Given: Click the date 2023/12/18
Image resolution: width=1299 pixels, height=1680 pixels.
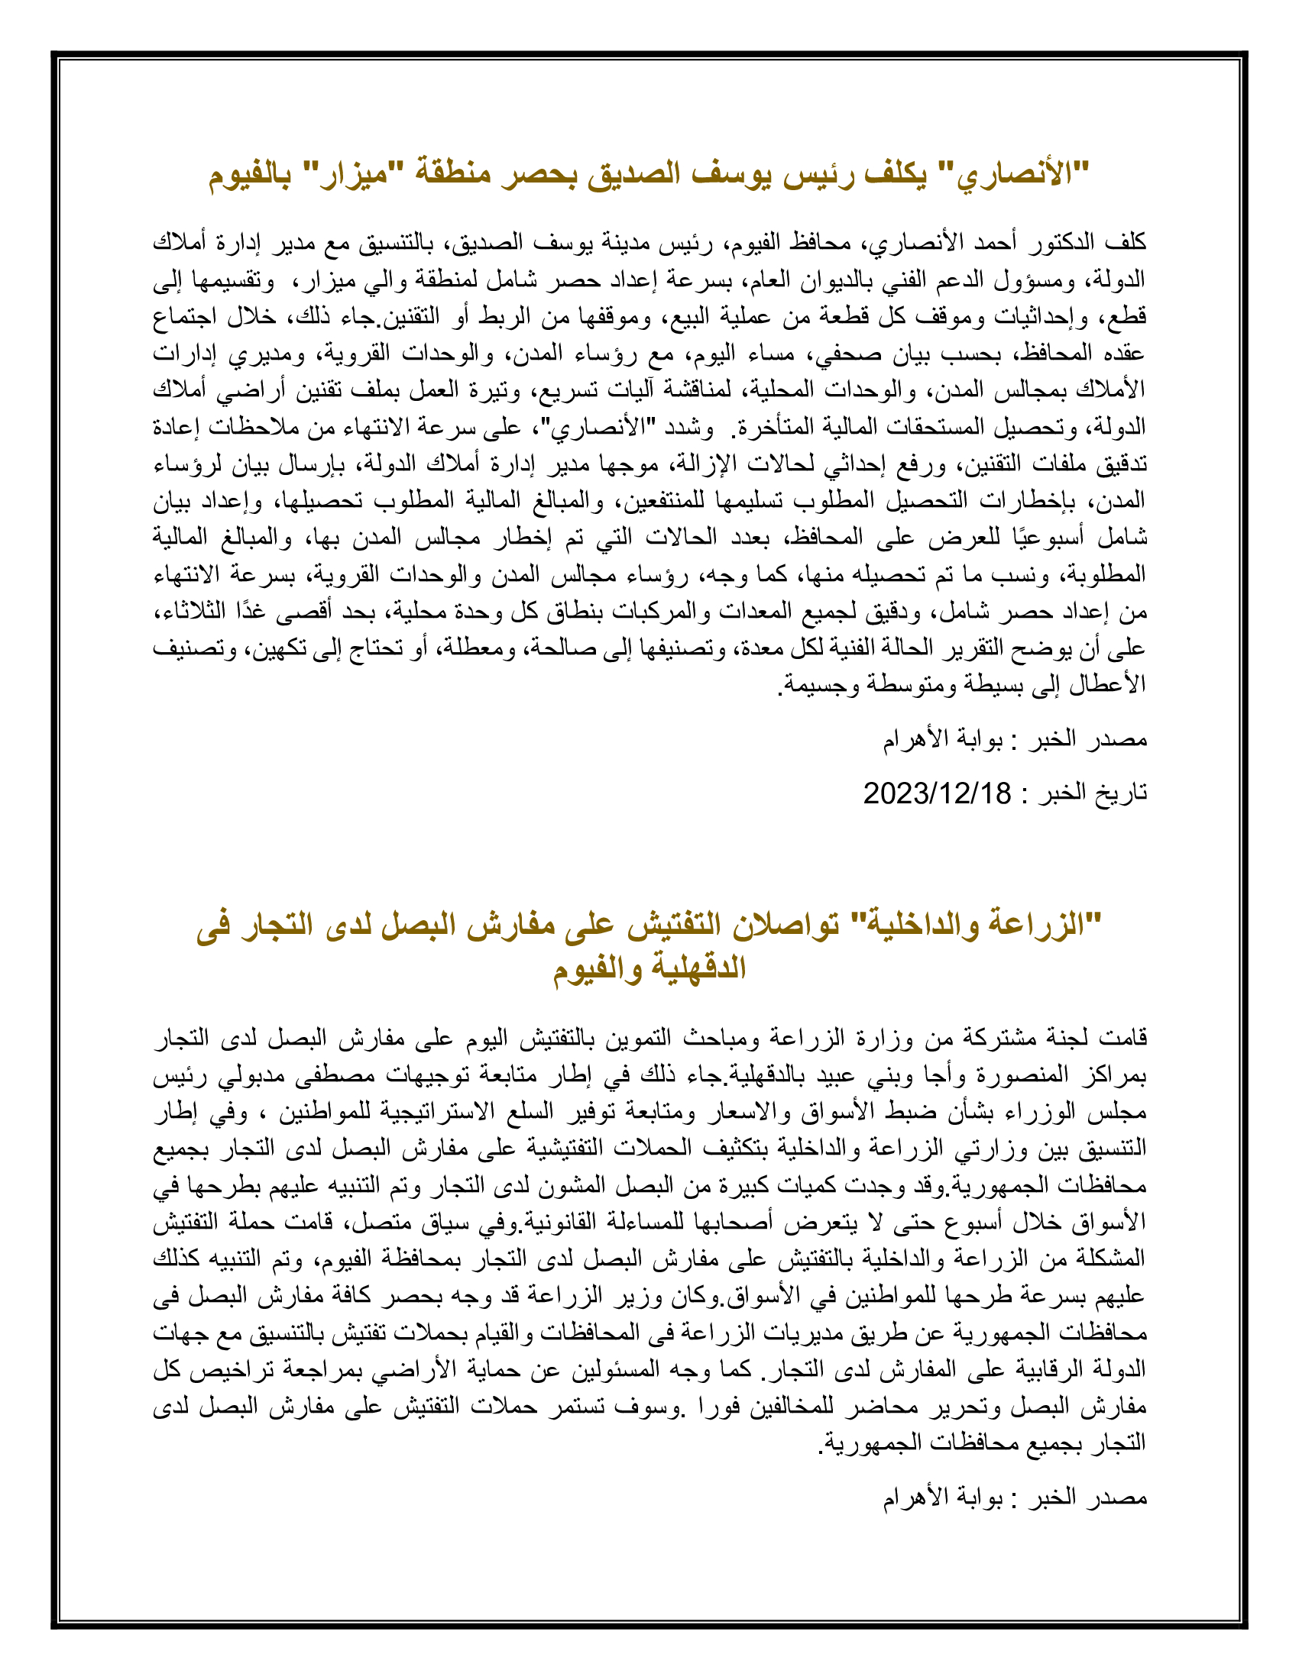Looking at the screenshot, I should point(937,793).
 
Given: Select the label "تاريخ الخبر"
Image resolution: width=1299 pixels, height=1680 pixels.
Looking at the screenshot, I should point(1093,793).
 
